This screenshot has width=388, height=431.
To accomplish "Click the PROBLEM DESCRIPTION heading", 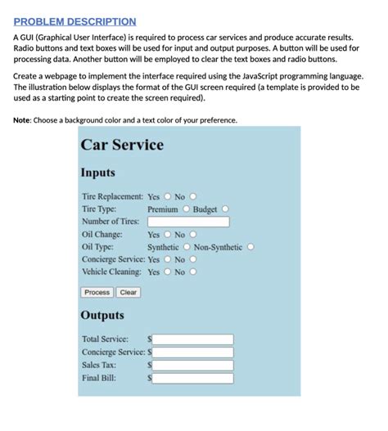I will pos(74,21).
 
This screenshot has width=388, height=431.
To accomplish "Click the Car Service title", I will pos(122,145).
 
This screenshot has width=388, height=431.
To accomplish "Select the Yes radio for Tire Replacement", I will pos(167,196).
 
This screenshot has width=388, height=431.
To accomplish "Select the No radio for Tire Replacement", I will pos(193,196).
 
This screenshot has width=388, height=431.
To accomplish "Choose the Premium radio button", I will pos(186,209).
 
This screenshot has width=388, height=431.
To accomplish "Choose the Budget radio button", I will pos(225,209).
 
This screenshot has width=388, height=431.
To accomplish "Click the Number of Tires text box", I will pos(187,222).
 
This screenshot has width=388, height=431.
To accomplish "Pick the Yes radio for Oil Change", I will pos(167,235).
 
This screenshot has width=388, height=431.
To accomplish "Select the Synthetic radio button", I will pos(187,247).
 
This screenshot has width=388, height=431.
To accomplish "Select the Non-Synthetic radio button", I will pos(250,247).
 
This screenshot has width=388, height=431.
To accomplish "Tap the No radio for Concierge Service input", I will pos(193,259).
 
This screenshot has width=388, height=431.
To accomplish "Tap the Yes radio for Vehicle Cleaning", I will pos(167,272).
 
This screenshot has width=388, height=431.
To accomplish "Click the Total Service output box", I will pos(193,339).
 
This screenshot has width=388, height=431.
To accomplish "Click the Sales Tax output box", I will pos(193,366).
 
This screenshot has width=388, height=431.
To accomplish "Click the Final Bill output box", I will pos(193,379).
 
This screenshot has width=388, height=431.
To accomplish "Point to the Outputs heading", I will pos(102,315).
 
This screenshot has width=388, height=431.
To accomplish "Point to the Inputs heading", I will pos(97,173).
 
